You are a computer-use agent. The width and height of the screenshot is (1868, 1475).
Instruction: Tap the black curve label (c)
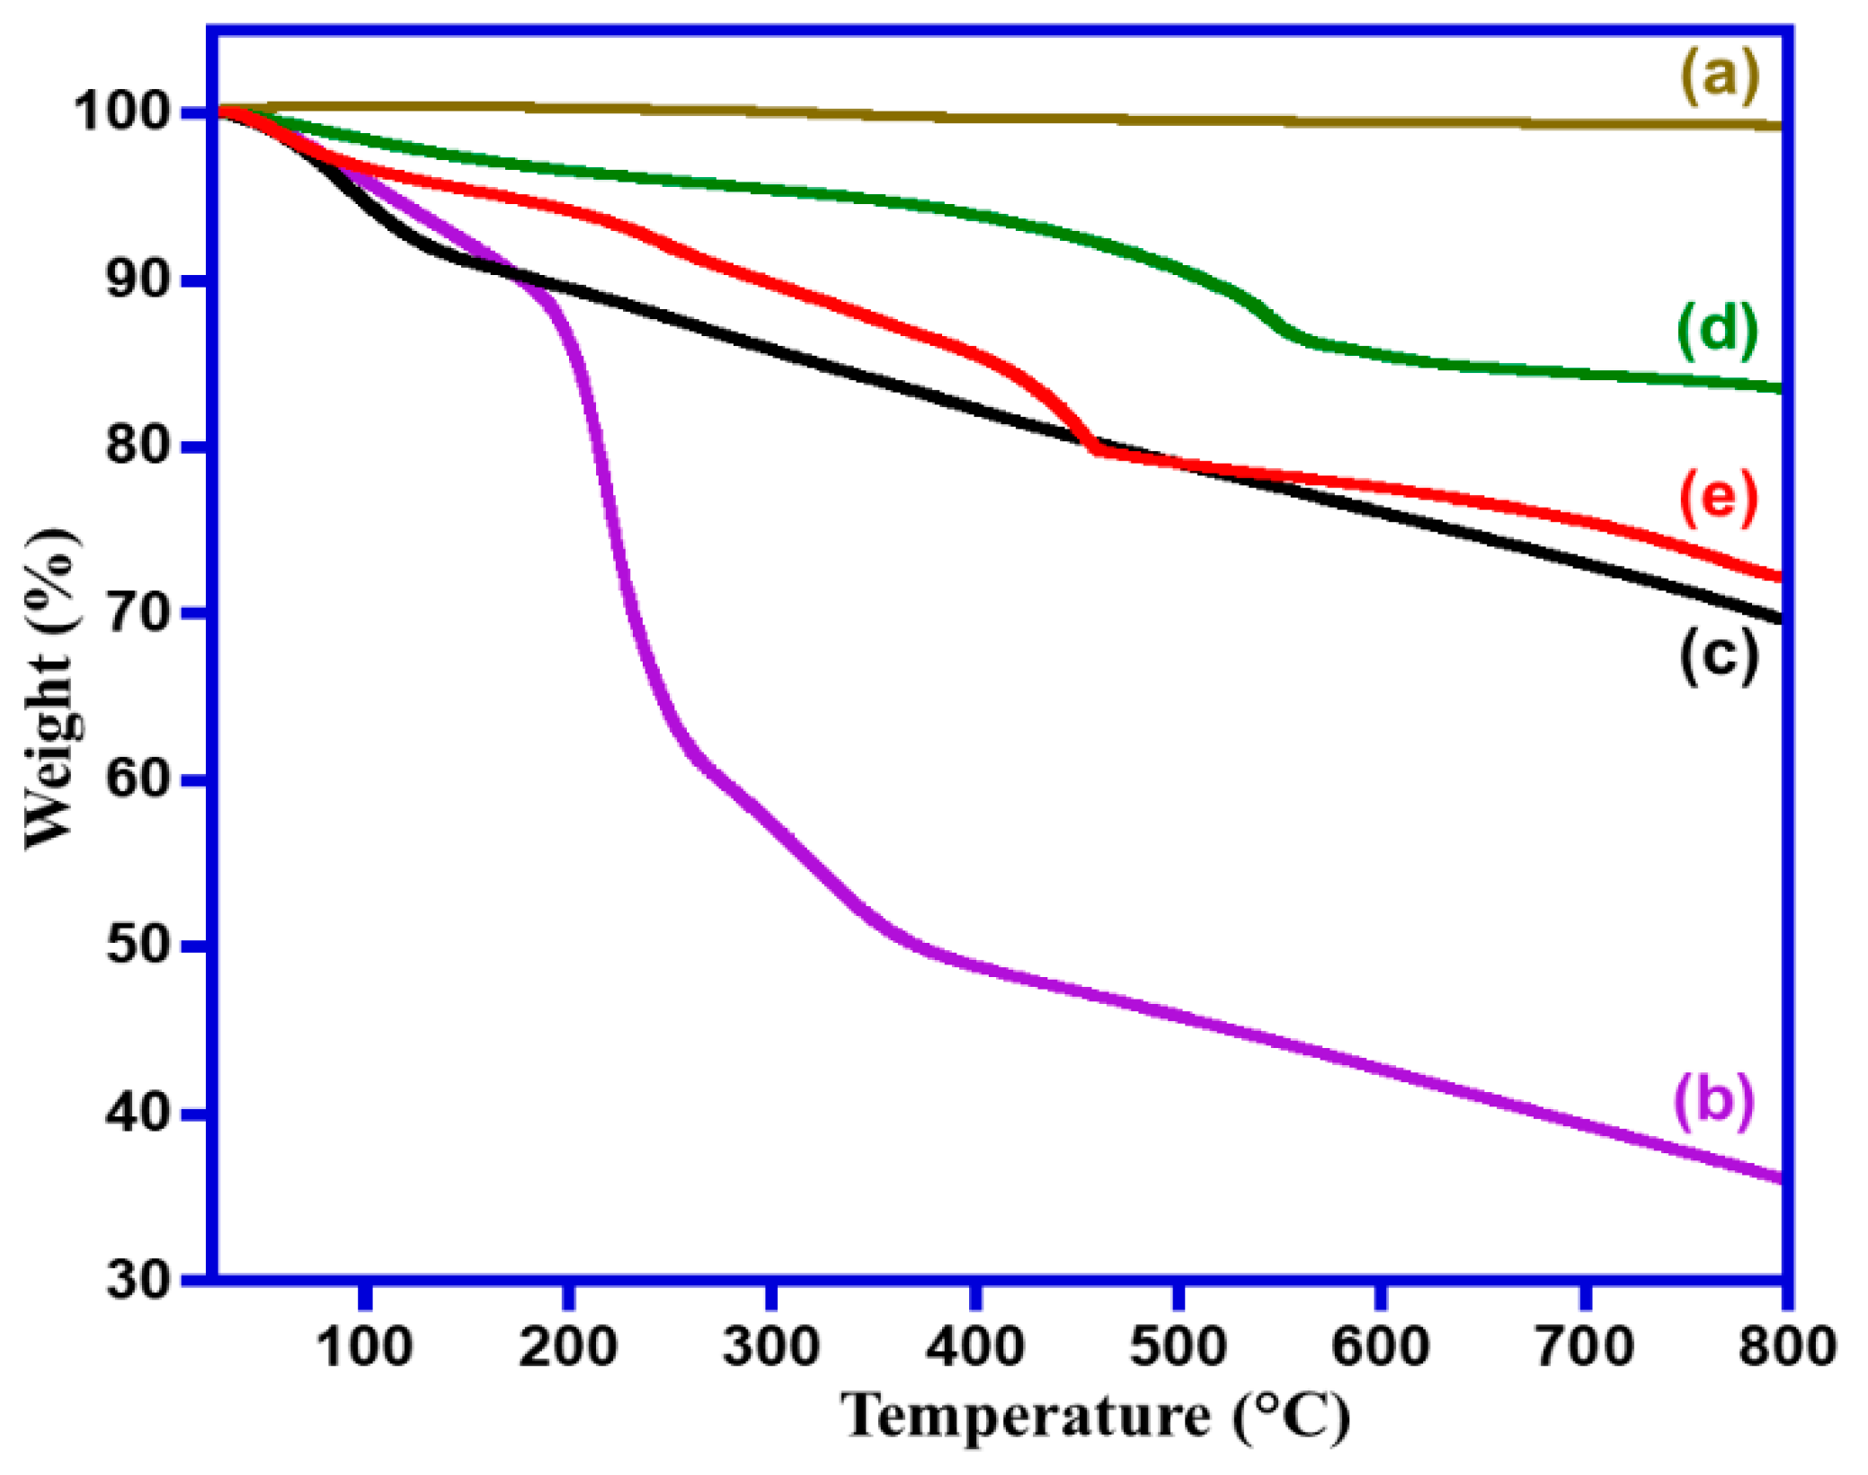(x=1718, y=656)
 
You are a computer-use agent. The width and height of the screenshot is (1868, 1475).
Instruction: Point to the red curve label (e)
(x=1718, y=496)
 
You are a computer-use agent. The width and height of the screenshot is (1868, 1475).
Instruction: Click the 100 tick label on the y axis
(x=122, y=112)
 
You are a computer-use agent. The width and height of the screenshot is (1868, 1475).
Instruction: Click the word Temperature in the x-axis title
(x=1026, y=1417)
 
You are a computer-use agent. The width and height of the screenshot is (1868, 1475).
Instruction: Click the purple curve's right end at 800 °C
(x=1780, y=1178)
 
